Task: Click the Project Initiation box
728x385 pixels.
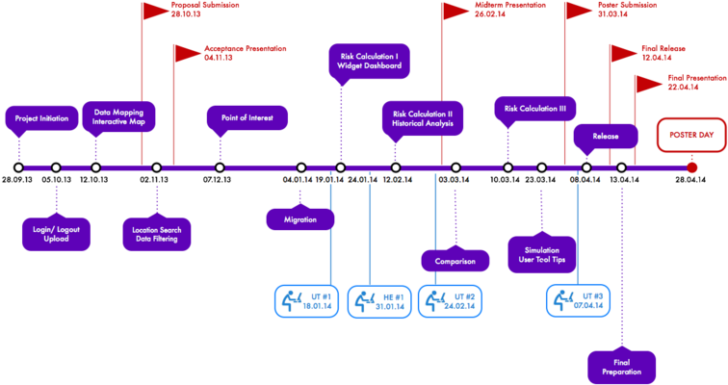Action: (x=41, y=118)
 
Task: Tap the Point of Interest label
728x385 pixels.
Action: (x=247, y=118)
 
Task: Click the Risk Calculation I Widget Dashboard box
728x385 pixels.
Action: (x=370, y=64)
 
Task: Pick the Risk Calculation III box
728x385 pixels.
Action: (x=535, y=109)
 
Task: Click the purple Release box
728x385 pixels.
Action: (x=606, y=136)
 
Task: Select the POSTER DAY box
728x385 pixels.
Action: (x=691, y=136)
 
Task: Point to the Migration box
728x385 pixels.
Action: (x=300, y=218)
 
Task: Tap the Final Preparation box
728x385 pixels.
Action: (x=620, y=366)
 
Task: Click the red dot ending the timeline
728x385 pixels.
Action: (x=691, y=167)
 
